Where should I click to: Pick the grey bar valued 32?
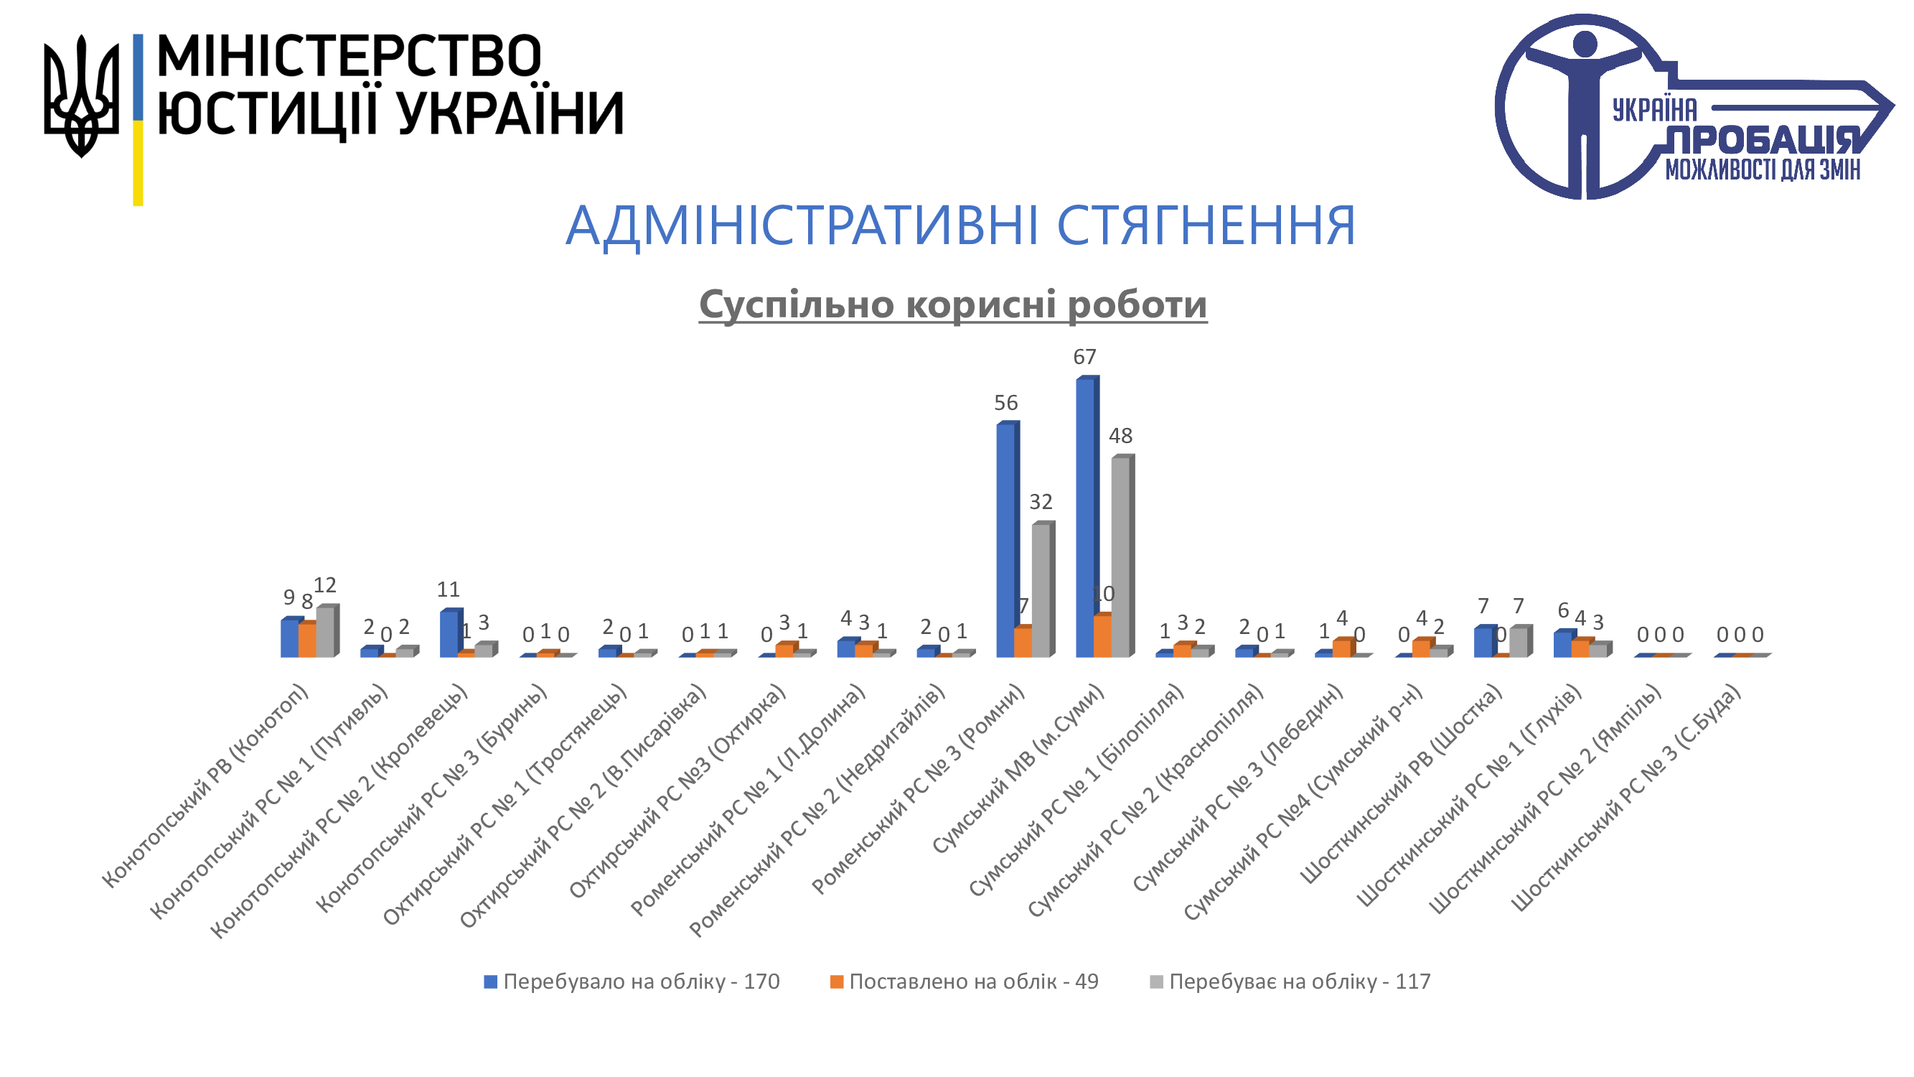[x=1040, y=590]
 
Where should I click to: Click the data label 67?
[x=1084, y=358]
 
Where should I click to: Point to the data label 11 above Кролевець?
[x=448, y=590]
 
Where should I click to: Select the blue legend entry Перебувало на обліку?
[x=632, y=982]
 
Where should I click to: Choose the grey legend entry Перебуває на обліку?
[x=1290, y=982]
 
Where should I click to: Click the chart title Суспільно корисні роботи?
[x=952, y=304]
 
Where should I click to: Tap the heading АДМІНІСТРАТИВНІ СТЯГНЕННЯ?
[x=960, y=225]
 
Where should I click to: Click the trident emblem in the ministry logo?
[x=81, y=97]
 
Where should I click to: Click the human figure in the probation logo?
[x=1584, y=104]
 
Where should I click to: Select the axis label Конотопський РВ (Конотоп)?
[x=207, y=786]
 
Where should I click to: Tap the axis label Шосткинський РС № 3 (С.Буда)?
[x=1627, y=798]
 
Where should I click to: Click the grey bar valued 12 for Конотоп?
[x=325, y=632]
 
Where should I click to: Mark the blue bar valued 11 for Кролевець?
[x=448, y=634]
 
